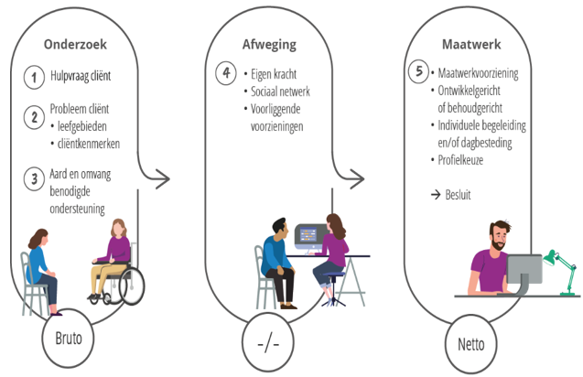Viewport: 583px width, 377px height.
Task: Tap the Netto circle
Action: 469,345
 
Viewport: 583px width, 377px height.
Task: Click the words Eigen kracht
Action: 277,72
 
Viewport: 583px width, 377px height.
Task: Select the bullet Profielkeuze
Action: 463,160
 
